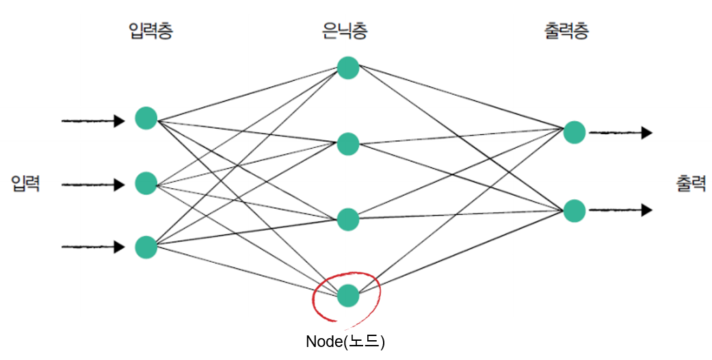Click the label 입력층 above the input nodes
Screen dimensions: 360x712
coord(150,31)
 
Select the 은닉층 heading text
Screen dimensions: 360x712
coord(348,31)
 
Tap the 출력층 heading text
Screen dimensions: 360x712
coord(567,31)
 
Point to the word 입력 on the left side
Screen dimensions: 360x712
coord(25,183)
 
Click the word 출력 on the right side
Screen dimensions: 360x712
coord(691,183)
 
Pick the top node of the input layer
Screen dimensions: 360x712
coord(146,118)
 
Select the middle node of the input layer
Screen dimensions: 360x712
coord(146,183)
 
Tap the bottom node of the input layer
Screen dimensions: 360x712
coord(146,246)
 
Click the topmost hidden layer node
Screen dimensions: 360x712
coord(348,68)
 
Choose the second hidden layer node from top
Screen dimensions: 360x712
coord(348,144)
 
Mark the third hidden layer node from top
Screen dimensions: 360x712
coord(348,219)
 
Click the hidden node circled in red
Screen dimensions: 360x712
coord(348,295)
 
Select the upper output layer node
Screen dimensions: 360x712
coord(575,132)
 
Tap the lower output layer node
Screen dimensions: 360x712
coord(575,211)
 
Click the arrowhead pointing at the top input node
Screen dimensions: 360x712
coord(120,121)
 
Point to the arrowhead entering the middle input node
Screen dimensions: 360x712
coord(120,184)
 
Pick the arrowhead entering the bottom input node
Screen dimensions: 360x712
coord(120,246)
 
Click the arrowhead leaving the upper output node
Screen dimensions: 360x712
coord(646,133)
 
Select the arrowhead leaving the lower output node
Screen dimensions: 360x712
coord(646,211)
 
